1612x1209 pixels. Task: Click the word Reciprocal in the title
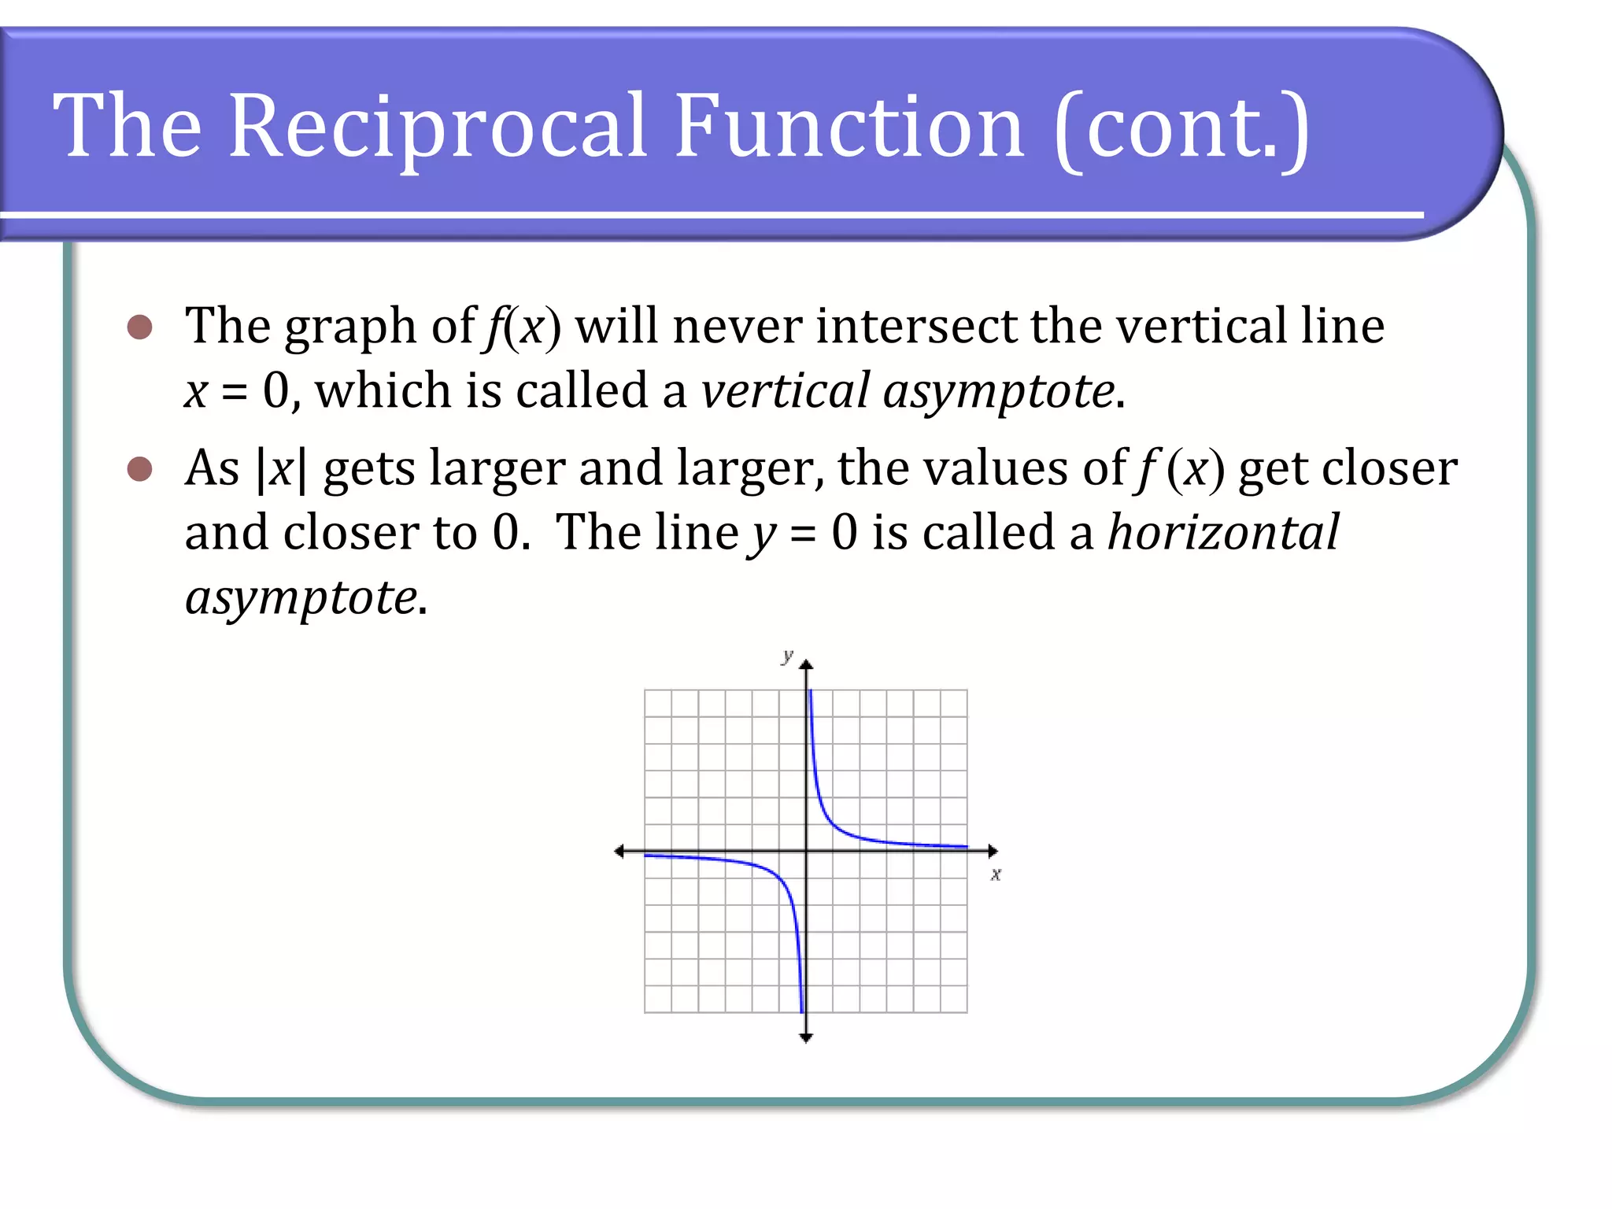(x=438, y=126)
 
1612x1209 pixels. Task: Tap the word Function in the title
(x=849, y=126)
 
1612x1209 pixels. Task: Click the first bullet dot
(x=139, y=327)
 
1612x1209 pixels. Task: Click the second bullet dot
(x=139, y=469)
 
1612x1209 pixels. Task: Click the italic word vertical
(x=785, y=390)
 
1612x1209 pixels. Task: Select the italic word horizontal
(x=1222, y=533)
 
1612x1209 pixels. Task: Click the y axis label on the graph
(x=787, y=655)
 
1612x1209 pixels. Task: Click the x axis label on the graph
(x=996, y=874)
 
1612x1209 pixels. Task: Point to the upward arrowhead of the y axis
(x=806, y=666)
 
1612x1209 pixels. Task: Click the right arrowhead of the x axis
(x=993, y=851)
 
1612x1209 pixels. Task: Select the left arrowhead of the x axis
(x=619, y=851)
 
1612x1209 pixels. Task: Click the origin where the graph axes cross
(x=806, y=851)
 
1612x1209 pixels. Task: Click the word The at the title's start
(x=128, y=126)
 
